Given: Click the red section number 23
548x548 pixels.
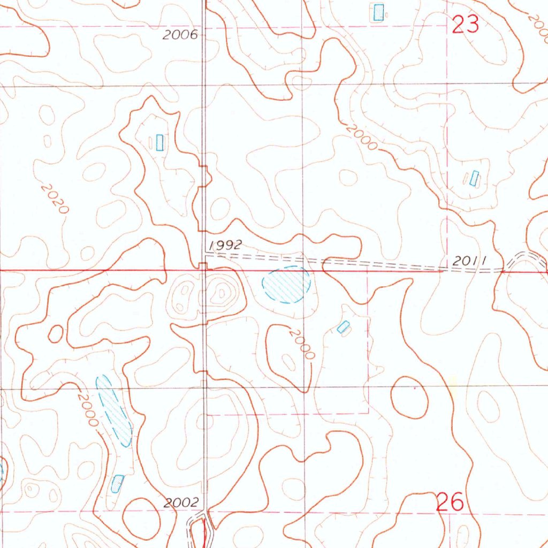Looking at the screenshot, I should coord(465,24).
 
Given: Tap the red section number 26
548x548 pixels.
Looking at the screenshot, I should coord(450,503).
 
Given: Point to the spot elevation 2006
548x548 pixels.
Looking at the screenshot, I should coord(180,35).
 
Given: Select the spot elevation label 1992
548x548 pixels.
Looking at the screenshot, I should coord(226,245).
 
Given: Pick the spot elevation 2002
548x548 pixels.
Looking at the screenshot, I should coord(181,503).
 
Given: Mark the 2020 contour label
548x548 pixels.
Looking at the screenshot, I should coord(55,199).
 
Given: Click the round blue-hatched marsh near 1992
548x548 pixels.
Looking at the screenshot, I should coord(286,285).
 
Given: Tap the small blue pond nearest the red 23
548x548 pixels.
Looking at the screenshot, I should coord(378,12).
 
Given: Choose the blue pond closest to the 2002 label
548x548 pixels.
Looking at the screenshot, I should coord(117,483).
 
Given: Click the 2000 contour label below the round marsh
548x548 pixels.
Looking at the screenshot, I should coord(300,344).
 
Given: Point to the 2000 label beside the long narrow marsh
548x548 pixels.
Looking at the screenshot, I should coord(87,409).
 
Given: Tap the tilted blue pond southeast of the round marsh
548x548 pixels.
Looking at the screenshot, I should coord(343,326).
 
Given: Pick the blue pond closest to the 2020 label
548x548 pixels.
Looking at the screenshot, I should coord(159,142).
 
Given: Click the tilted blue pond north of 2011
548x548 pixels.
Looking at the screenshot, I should coord(474,178).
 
